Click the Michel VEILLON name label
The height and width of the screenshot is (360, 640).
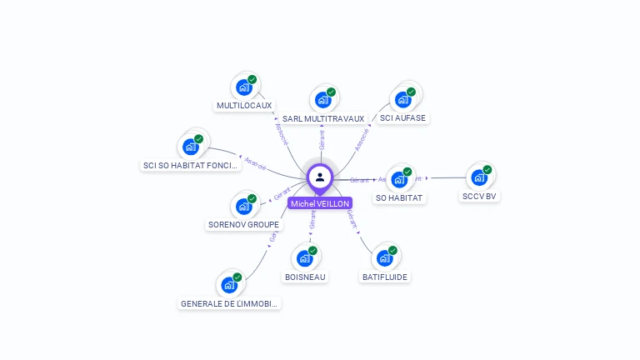coord(320,203)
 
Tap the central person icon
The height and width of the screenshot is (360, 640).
coord(320,177)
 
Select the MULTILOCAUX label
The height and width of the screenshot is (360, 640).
coord(244,106)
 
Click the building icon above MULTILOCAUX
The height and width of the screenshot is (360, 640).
coord(244,87)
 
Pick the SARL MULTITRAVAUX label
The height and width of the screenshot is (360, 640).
coord(323,119)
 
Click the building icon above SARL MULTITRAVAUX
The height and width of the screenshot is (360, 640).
coord(323,99)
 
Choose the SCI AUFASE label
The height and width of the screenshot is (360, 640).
coord(402,118)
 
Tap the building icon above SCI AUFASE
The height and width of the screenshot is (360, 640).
coord(403,99)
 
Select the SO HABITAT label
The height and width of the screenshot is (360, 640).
coord(400,198)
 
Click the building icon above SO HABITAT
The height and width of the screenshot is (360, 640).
coord(400,179)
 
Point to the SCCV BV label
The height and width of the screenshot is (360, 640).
coord(479,197)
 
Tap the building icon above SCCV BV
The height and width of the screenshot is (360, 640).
coord(479,177)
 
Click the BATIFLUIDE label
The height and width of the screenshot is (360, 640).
coord(385,277)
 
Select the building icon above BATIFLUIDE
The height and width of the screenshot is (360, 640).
coord(385,257)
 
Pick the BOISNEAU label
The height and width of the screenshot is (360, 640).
coord(305,277)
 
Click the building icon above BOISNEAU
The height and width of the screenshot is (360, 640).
coord(305,257)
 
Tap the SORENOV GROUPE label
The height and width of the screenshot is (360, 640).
coord(243,225)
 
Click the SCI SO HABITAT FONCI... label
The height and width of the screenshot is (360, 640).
coord(191,166)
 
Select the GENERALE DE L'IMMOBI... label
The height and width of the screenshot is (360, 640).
coord(229,304)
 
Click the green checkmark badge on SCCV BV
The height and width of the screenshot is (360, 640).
coord(487,169)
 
